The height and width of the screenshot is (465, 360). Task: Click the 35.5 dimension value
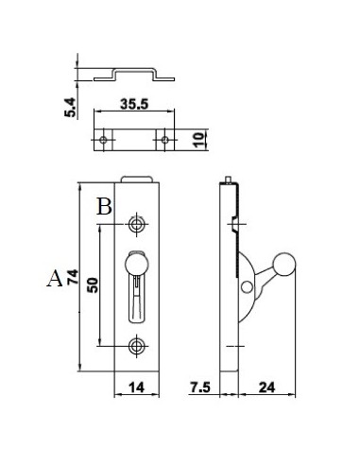[x=134, y=104]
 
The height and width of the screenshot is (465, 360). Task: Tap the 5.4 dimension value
[x=71, y=108]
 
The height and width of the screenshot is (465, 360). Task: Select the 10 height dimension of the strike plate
[x=199, y=140]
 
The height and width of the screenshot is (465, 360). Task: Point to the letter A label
[x=55, y=278]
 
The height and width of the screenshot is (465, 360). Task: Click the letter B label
[x=104, y=206]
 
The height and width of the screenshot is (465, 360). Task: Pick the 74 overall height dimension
[x=73, y=277]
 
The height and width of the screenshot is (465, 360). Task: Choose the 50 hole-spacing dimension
[x=93, y=285]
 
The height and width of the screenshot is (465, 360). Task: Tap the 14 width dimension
[x=136, y=387]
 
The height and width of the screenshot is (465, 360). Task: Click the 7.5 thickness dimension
[x=199, y=387]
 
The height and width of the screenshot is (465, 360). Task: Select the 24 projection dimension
[x=266, y=387]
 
